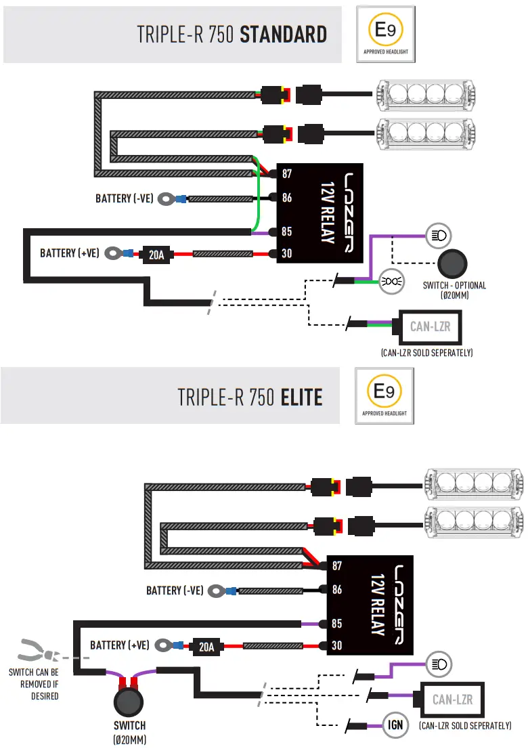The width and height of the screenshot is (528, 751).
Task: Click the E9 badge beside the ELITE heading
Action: tap(384, 395)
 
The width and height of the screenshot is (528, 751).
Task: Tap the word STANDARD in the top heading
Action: tap(283, 34)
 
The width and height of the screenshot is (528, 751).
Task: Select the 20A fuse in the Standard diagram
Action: tap(156, 255)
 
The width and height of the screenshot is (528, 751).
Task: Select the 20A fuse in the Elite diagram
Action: tap(206, 646)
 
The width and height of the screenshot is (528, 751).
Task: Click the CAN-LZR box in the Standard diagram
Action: tap(430, 327)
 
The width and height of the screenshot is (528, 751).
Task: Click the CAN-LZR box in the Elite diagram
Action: tap(452, 699)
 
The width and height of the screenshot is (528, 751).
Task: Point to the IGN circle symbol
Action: tap(396, 725)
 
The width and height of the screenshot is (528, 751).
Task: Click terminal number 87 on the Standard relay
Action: tap(287, 174)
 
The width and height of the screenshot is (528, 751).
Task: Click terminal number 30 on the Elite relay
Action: tap(336, 646)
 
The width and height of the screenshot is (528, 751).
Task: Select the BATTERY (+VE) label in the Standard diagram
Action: tap(70, 253)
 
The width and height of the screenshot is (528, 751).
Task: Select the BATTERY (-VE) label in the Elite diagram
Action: tap(175, 591)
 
